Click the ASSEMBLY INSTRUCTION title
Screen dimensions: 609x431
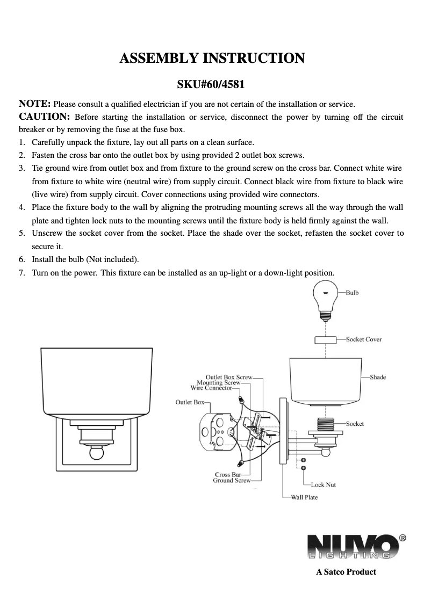(212, 59)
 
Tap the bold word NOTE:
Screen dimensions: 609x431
(35, 103)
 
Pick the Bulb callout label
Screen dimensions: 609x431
(352, 293)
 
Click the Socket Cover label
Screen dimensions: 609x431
(364, 339)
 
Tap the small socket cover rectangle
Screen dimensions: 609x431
(326, 340)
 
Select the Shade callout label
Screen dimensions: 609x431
(378, 377)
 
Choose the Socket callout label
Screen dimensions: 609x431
(355, 424)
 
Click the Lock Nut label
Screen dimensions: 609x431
(324, 484)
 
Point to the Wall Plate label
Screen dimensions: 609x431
(304, 497)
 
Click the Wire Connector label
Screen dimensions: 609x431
(211, 387)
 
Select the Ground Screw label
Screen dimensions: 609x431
(232, 480)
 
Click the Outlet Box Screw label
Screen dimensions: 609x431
(229, 378)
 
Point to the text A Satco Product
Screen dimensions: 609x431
(346, 571)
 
